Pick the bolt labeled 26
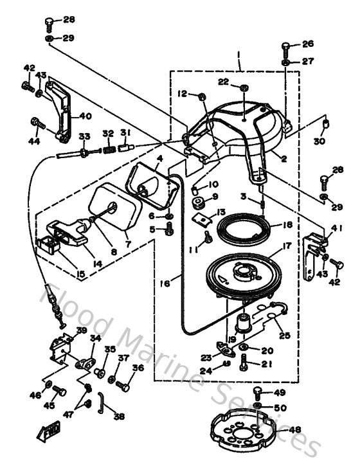tap(286, 48)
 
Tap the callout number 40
tap(85, 116)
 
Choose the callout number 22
tap(224, 81)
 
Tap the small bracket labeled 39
tap(61, 347)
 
